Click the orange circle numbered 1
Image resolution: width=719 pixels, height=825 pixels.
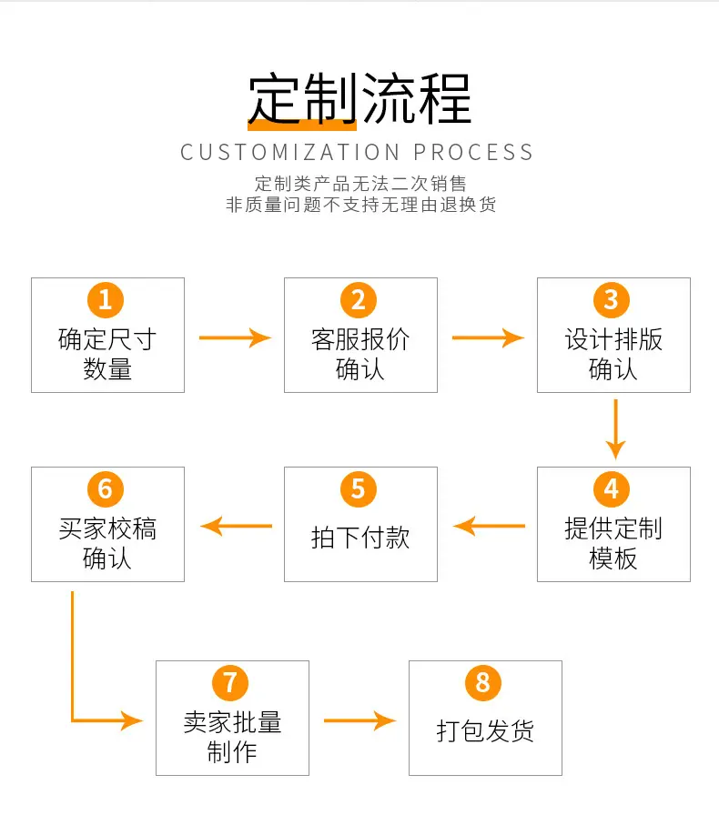point(106,300)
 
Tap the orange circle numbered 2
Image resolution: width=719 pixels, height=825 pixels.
point(359,300)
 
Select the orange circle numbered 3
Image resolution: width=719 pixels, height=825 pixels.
point(611,300)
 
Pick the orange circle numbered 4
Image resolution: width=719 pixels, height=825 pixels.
point(611,488)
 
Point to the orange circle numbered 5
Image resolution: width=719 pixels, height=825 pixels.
point(359,488)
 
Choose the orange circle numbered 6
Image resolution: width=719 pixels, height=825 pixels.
point(106,488)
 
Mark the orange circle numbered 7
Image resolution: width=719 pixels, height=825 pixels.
point(230,683)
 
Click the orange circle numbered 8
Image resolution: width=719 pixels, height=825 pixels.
point(483,683)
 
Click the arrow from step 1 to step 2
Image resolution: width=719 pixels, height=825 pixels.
point(235,337)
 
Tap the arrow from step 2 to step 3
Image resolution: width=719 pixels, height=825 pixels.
point(488,337)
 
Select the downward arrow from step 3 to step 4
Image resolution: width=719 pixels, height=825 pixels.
point(615,429)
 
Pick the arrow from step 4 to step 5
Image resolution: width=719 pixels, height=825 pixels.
point(489,526)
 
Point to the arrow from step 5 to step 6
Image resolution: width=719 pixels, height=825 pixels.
point(237,526)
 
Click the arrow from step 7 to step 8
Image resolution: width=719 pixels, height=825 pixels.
point(360,720)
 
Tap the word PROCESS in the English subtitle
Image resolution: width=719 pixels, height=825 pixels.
point(473,153)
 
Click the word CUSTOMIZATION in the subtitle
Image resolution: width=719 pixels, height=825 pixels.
point(290,153)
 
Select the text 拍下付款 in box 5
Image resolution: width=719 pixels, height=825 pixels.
point(360,538)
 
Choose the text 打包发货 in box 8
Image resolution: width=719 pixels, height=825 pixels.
point(485,731)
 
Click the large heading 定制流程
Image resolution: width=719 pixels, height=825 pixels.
point(360,99)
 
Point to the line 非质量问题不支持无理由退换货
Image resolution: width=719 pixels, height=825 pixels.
point(361,205)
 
